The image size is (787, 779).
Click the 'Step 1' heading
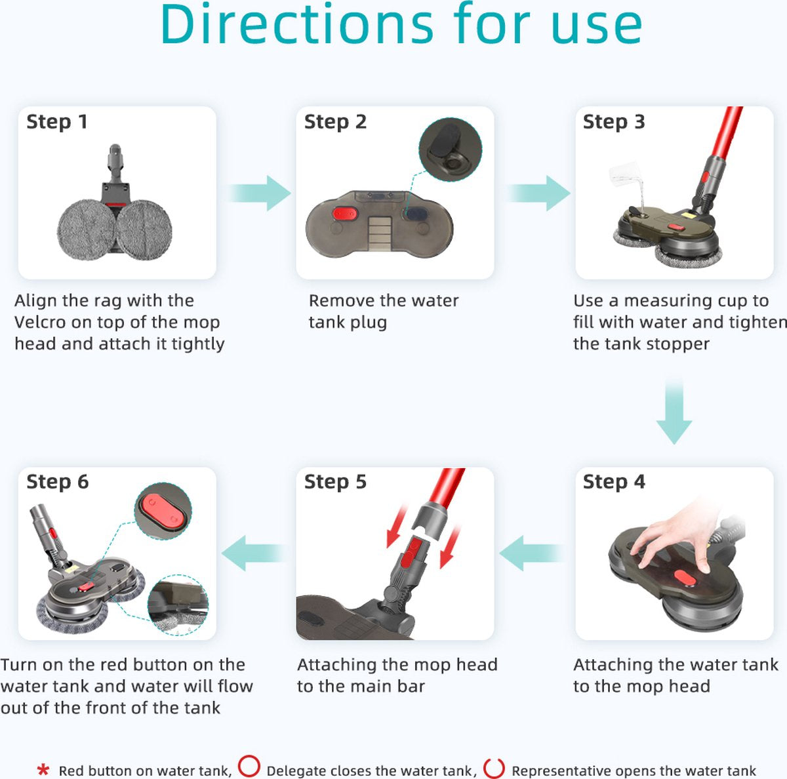click(x=57, y=122)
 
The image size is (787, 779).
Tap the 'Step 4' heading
click(x=614, y=481)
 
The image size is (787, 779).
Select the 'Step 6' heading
click(x=58, y=481)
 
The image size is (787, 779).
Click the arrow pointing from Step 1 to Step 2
click(x=259, y=193)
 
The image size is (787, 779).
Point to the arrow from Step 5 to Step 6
click(x=254, y=553)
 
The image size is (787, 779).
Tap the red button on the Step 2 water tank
click(x=345, y=213)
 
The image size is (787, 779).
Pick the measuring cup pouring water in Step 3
click(x=624, y=174)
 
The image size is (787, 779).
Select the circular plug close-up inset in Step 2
click(x=450, y=150)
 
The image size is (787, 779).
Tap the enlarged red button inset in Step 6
click(x=163, y=511)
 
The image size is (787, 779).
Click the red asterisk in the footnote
click(x=43, y=770)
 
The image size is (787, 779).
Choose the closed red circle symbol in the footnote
click(x=249, y=766)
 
